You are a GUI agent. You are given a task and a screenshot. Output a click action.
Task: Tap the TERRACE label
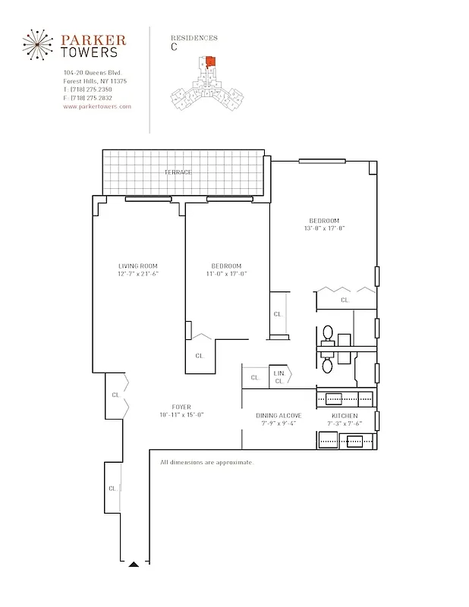178,172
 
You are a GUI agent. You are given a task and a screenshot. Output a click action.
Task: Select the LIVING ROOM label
138,266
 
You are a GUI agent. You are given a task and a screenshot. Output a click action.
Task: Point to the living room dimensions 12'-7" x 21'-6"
138,273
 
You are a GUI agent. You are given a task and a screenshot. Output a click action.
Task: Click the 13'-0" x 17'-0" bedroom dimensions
324,228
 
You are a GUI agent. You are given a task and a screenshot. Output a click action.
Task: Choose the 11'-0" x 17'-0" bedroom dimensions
226,273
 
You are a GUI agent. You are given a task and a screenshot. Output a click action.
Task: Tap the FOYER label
181,407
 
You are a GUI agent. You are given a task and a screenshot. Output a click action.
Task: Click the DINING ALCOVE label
279,415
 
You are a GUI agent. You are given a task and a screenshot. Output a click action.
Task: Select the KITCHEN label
344,415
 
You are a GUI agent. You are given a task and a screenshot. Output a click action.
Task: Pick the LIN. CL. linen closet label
279,376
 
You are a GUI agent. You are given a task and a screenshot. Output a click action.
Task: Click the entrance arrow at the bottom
134,564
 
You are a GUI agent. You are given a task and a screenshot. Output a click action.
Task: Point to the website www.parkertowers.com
97,107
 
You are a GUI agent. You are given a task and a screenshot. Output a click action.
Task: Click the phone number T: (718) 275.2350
88,90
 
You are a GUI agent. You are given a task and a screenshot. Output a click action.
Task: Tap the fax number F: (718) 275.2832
88,98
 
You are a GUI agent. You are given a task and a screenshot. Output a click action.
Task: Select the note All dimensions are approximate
206,462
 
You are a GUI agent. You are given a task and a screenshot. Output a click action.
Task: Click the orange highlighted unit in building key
211,64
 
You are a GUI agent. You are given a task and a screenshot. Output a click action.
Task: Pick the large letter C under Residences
175,47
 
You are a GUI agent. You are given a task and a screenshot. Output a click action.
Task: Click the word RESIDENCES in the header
194,37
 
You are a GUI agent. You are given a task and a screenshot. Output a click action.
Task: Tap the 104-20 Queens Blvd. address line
93,73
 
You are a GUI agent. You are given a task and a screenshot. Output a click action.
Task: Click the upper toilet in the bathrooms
328,333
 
